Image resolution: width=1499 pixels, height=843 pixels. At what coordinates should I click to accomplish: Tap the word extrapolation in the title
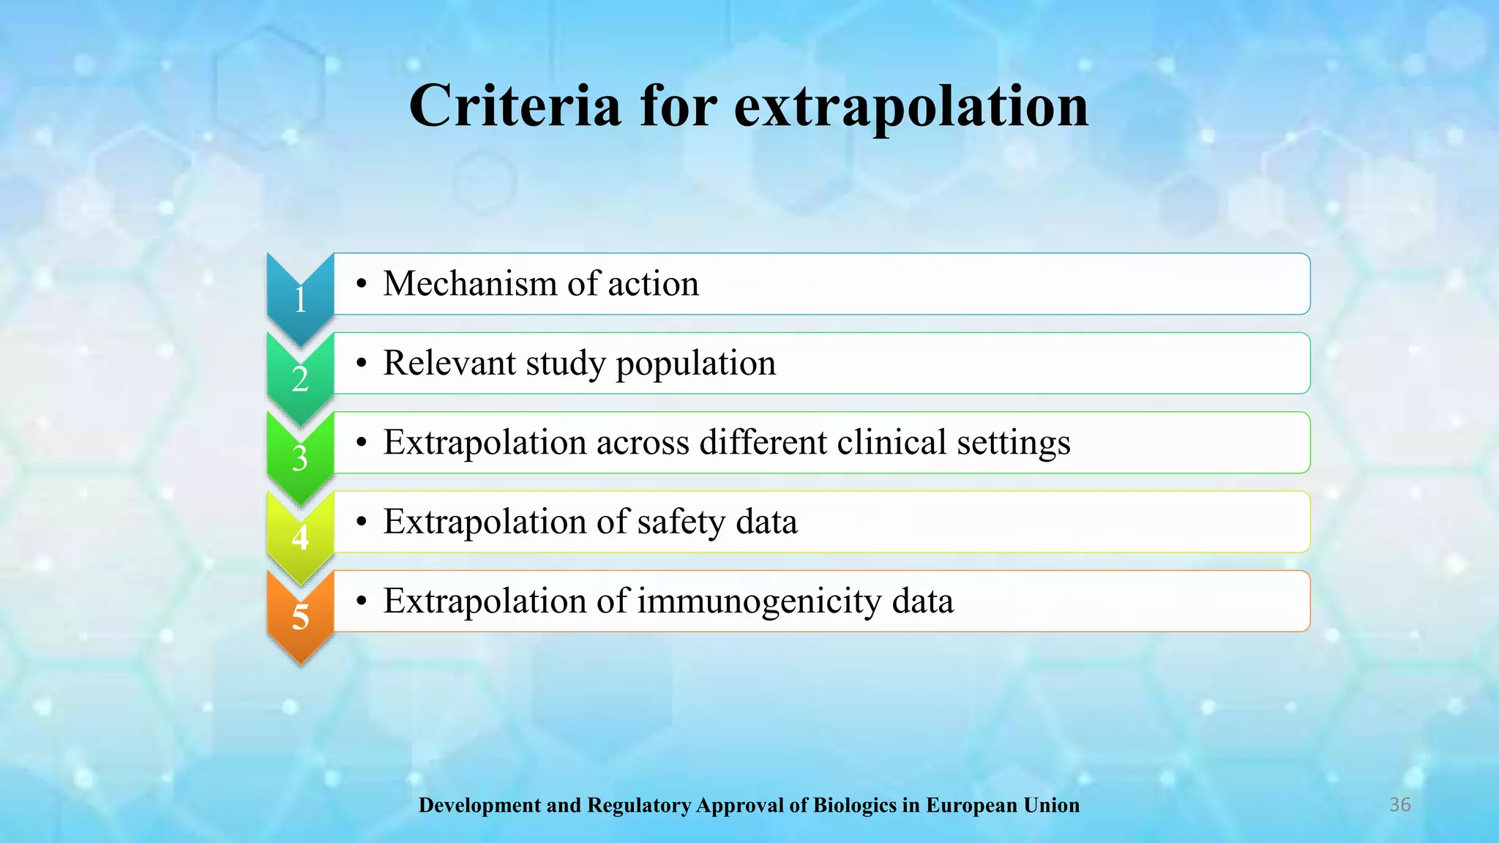pyautogui.click(x=911, y=107)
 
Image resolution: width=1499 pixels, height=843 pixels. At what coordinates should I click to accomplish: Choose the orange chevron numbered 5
pyautogui.click(x=300, y=616)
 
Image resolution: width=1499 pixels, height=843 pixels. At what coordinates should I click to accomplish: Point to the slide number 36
pyautogui.click(x=1399, y=805)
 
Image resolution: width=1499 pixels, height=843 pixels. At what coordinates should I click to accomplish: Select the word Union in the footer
pyautogui.click(x=1051, y=806)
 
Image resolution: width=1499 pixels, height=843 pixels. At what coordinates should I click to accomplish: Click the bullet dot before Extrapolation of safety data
pyautogui.click(x=361, y=522)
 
